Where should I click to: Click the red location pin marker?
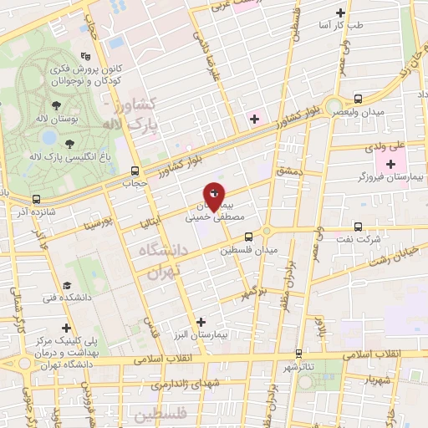214,196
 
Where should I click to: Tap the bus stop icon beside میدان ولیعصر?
358,98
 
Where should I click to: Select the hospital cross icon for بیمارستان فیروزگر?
390,162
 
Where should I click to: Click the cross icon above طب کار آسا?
339,13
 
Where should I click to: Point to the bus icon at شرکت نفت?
358,226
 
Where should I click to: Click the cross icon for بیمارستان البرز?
200,321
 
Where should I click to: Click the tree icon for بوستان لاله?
56,104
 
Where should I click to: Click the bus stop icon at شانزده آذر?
36,199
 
